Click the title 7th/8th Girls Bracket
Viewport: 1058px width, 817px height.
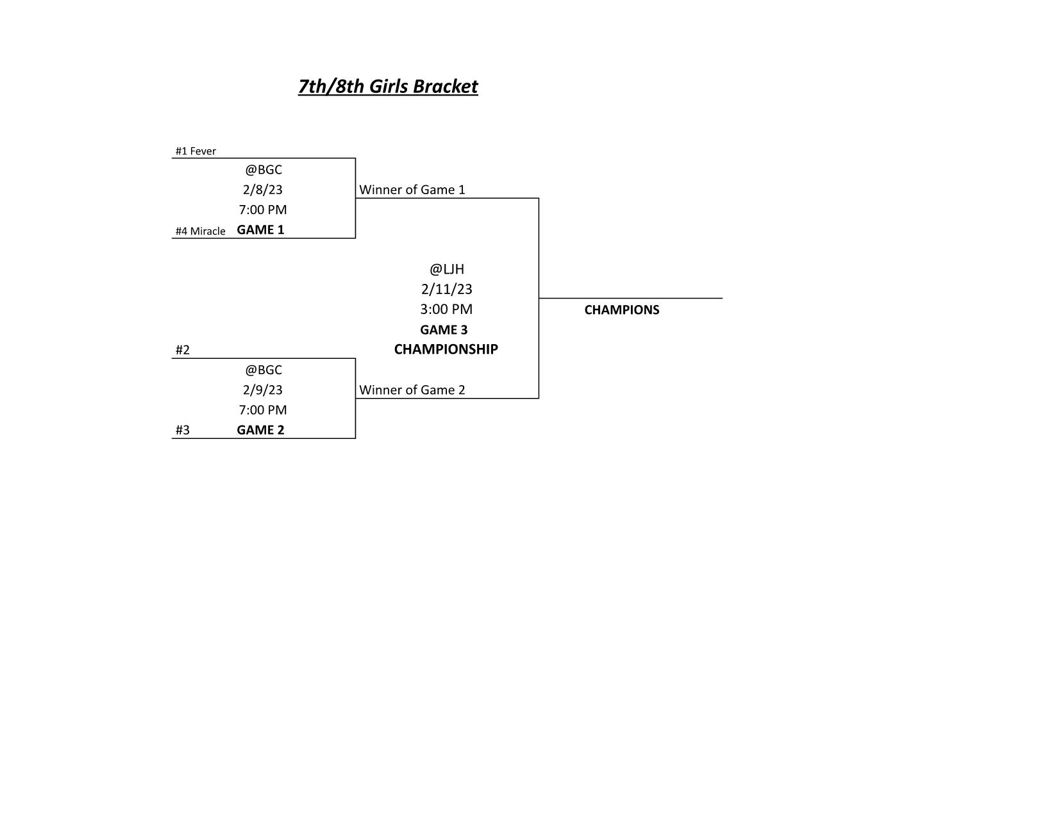[387, 87]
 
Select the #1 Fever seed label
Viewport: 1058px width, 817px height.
[195, 151]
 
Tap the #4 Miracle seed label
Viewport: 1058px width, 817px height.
[200, 231]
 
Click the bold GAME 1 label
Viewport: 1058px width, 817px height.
[260, 229]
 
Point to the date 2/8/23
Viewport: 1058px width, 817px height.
[263, 189]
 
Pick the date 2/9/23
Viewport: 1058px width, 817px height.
[263, 390]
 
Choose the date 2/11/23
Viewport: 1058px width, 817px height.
[446, 289]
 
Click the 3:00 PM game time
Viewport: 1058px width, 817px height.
[446, 309]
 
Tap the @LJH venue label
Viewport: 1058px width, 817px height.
[446, 269]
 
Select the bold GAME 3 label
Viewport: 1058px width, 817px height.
[444, 330]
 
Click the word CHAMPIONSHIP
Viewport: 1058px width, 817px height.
[446, 349]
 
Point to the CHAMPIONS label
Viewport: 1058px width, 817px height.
[622, 310]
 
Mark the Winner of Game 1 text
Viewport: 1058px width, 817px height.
[412, 190]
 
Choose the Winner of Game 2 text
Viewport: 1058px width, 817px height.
[412, 390]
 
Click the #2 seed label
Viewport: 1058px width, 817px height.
[183, 350]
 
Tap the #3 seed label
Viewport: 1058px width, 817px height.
[183, 430]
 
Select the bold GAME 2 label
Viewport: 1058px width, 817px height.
[260, 430]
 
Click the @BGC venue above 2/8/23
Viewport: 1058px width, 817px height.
[264, 170]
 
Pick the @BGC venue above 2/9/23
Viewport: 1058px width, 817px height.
[264, 370]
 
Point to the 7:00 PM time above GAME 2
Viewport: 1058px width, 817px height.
[263, 410]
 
